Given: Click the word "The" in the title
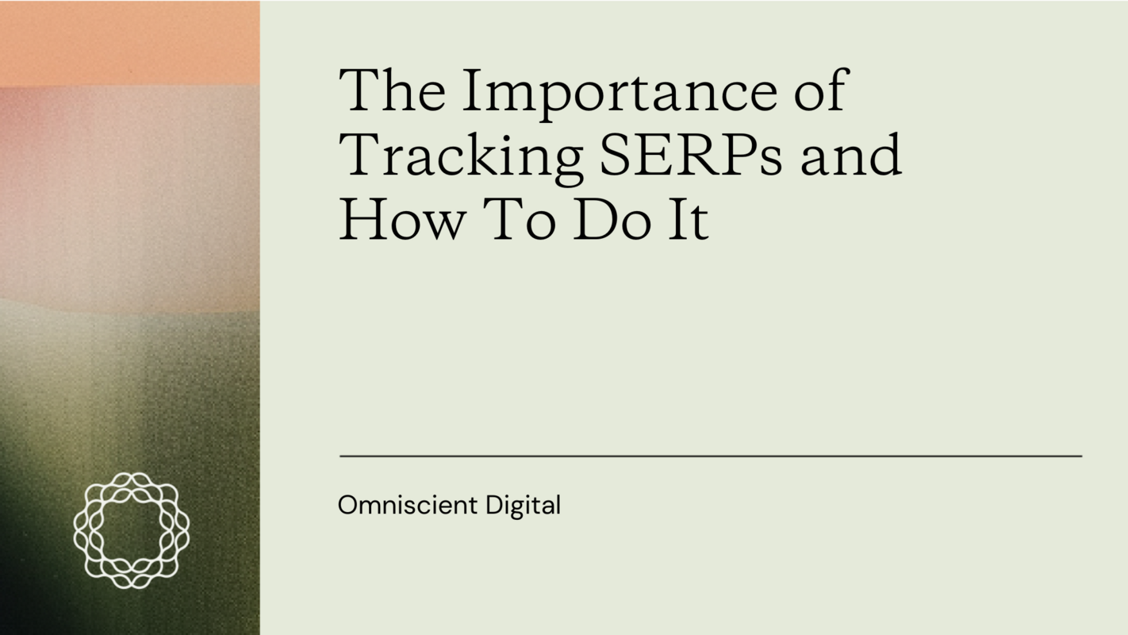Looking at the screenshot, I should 392,90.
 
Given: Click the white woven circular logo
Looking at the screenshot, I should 132,530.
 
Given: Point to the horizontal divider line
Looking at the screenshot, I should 711,456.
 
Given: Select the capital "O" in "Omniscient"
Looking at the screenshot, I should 347,505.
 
